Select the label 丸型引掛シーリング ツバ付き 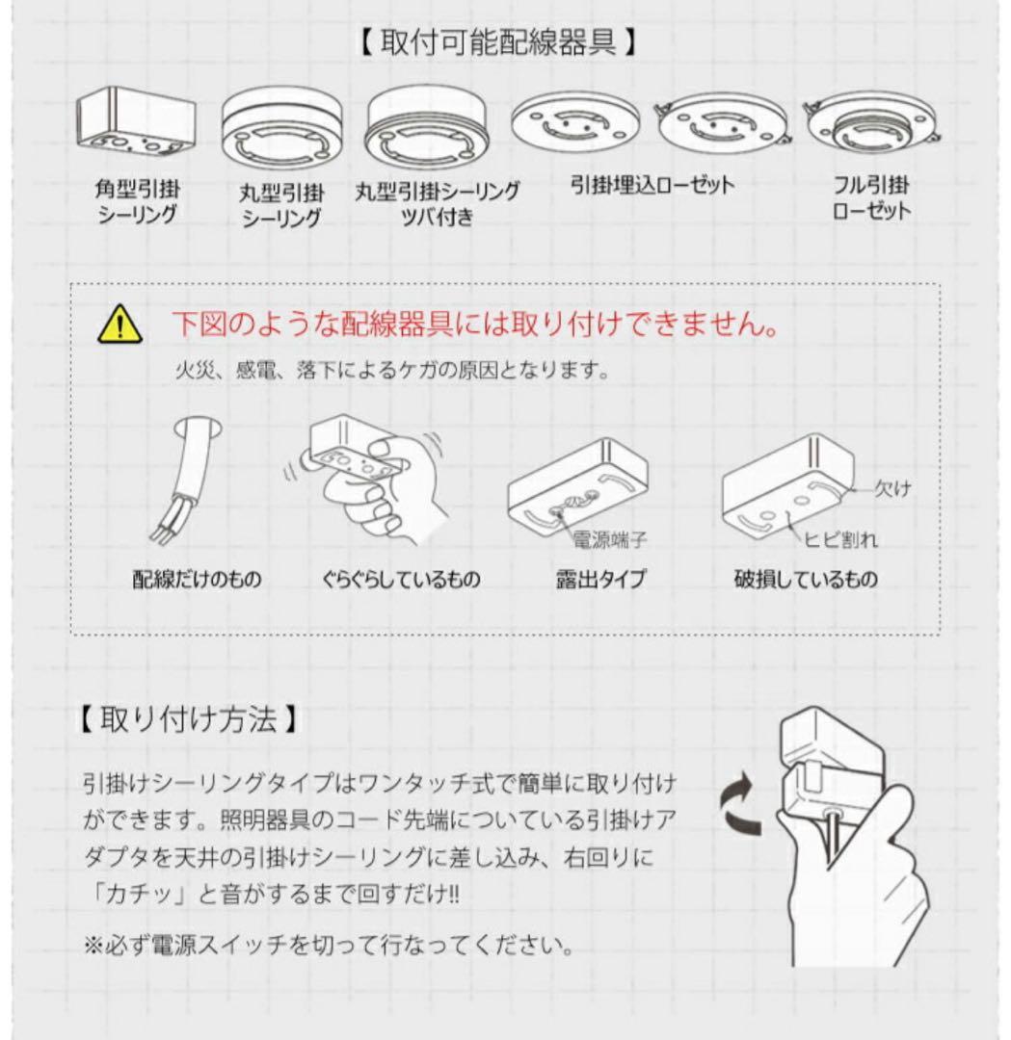[437, 203]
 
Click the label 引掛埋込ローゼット [652, 185]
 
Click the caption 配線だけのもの [197, 580]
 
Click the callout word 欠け [891, 489]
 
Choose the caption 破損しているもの [805, 580]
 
